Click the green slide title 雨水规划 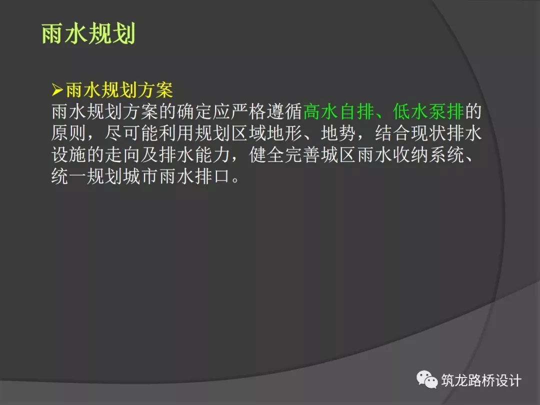tap(88, 34)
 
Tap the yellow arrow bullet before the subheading tap(57, 90)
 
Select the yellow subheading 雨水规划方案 tap(119, 90)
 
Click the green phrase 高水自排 tap(338, 111)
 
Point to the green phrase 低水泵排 tap(428, 111)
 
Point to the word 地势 tap(338, 133)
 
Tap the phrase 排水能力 tap(194, 155)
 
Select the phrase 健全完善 tap(284, 155)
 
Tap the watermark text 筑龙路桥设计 tap(481, 380)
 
